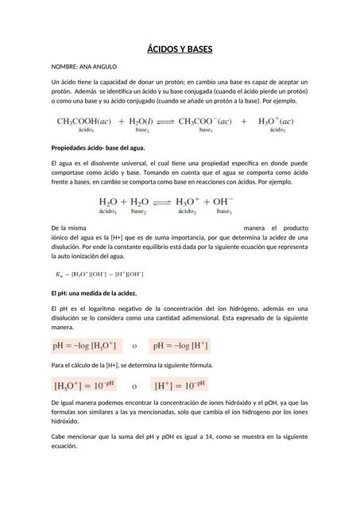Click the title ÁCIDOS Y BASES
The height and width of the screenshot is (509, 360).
[180, 50]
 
